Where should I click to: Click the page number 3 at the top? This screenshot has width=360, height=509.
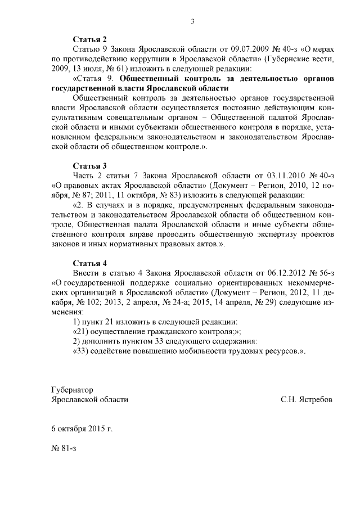(192, 22)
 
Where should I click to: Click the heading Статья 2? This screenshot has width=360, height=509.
(90, 39)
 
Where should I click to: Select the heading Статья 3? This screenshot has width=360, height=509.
(90, 166)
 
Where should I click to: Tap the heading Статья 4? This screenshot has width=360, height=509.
(90, 263)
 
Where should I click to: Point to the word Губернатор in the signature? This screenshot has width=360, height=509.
(71, 390)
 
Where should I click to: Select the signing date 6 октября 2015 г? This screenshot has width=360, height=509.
(82, 429)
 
